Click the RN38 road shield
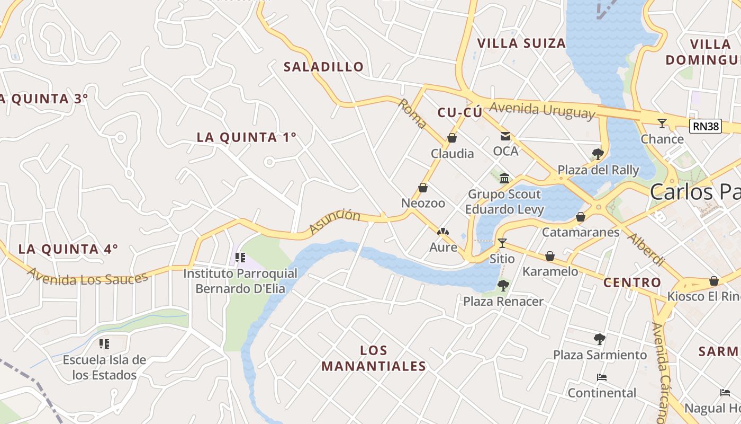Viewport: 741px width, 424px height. pos(706,126)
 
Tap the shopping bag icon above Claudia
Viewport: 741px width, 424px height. pos(452,138)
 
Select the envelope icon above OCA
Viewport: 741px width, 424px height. pos(505,136)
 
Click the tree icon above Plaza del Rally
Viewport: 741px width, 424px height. pos(598,154)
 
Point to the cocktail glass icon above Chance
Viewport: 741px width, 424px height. pos(662,123)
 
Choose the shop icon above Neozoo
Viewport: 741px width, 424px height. pos(423,188)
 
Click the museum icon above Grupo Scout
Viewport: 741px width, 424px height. pos(504,178)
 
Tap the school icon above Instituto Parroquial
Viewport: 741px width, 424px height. pos(240,258)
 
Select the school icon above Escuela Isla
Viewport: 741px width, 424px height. pos(104,344)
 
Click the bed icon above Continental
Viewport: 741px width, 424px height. pos(601,377)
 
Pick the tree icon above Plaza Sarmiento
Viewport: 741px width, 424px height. pos(599,339)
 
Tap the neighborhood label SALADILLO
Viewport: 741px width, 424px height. pos(324,67)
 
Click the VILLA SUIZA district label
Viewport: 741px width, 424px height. pos(521,43)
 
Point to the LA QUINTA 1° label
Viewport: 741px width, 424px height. pos(246,137)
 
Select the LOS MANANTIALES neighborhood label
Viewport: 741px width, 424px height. pos(374,358)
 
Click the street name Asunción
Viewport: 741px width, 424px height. pos(335,222)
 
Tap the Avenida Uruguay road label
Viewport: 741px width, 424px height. pos(542,110)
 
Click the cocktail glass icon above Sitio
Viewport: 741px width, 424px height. pos(502,243)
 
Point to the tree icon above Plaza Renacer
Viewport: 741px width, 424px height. pos(503,286)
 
